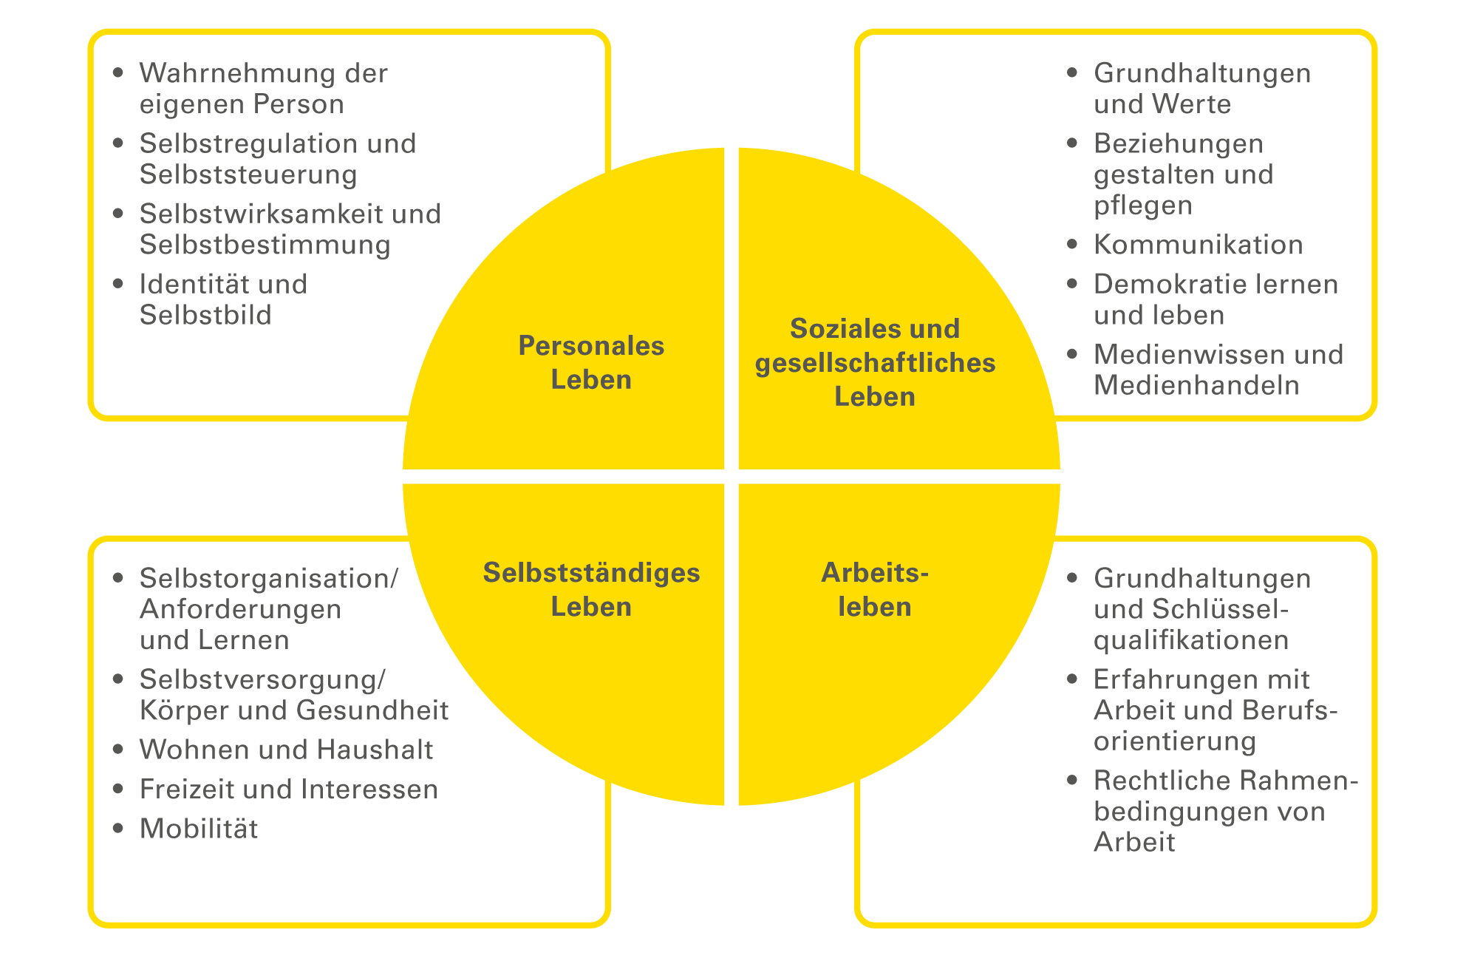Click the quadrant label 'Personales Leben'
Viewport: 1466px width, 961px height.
point(591,362)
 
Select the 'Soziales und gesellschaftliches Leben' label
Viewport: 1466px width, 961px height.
point(875,362)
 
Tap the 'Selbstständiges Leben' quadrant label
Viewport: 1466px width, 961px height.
point(591,589)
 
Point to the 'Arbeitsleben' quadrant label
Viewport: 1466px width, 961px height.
point(875,589)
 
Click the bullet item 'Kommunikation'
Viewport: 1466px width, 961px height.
point(1198,245)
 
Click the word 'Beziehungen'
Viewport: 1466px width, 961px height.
point(1179,143)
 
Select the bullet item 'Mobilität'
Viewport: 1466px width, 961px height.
point(199,829)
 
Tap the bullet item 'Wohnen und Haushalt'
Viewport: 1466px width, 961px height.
point(286,750)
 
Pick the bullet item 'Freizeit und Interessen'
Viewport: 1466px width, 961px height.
point(289,789)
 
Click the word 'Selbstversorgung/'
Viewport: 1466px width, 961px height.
point(262,679)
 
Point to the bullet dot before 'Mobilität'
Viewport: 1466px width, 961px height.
point(118,828)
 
